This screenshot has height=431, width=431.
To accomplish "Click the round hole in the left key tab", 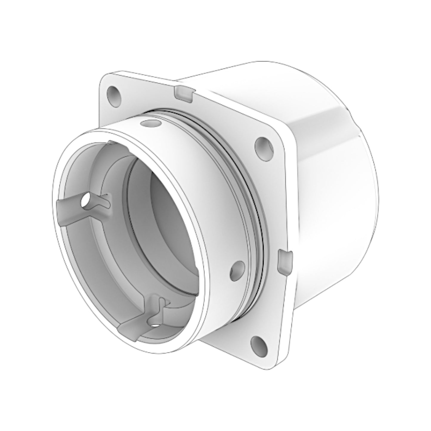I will tap(86, 201).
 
